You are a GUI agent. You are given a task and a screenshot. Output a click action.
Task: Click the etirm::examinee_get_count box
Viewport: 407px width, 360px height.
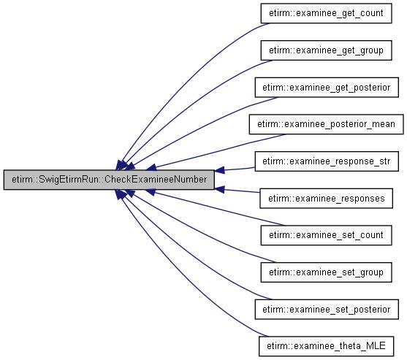click(326, 13)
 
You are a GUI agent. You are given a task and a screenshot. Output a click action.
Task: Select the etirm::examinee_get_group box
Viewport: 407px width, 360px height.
click(326, 50)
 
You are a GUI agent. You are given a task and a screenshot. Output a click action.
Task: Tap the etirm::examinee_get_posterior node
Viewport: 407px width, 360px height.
click(327, 88)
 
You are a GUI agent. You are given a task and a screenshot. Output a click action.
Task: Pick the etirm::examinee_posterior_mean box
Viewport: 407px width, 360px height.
click(327, 124)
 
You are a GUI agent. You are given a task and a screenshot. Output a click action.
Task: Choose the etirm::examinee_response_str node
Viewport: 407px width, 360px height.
click(327, 161)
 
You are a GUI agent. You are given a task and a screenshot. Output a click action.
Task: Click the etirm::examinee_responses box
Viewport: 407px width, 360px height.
click(327, 199)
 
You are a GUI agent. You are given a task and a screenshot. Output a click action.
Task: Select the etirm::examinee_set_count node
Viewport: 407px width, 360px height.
click(326, 235)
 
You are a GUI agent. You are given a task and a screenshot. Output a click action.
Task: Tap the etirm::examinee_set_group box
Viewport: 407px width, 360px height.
click(326, 272)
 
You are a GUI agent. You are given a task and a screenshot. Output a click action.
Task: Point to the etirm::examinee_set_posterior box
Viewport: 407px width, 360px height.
click(327, 310)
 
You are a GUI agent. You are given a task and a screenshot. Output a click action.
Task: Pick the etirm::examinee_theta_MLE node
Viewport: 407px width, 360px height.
click(326, 346)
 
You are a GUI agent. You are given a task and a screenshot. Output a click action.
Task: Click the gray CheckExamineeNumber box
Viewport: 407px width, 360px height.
click(109, 180)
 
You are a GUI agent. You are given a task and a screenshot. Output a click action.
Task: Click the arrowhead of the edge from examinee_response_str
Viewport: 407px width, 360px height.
click(220, 170)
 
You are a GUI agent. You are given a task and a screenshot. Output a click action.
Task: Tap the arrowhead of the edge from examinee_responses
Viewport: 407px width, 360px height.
click(220, 189)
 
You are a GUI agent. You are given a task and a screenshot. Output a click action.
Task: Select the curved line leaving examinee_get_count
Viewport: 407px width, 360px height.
click(182, 78)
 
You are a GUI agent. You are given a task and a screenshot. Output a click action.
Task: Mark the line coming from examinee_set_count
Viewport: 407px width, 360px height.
click(218, 208)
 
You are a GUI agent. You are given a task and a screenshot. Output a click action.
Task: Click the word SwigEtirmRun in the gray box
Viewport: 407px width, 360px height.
click(69, 180)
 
